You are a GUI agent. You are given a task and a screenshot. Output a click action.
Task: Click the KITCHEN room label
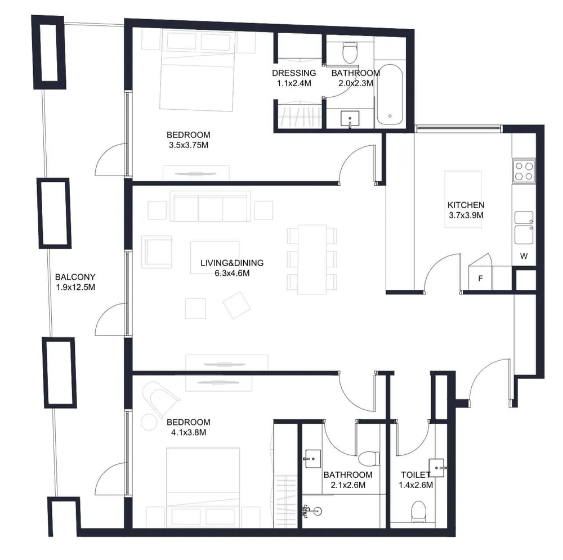[x=466, y=205]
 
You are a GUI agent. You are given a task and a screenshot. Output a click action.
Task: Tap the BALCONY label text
[x=75, y=277]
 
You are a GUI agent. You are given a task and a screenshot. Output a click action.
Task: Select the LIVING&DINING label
[x=232, y=263]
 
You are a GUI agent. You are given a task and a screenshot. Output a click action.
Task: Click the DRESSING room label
[x=294, y=73]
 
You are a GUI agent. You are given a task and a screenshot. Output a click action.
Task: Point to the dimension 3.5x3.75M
[x=189, y=145]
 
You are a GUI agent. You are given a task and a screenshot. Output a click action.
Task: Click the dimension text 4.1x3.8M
[x=188, y=433]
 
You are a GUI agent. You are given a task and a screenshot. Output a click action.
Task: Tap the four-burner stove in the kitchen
[x=524, y=171]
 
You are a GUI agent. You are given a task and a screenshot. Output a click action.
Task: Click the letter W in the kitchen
[x=524, y=257]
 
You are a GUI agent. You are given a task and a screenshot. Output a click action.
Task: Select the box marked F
[x=480, y=278]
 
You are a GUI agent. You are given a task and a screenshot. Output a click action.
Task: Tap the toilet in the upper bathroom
[x=350, y=53]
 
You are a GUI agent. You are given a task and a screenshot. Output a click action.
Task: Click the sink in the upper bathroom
[x=351, y=119]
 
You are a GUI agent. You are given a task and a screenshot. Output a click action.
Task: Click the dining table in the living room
[x=312, y=259]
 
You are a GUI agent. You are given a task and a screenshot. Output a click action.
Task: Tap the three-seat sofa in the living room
[x=211, y=208]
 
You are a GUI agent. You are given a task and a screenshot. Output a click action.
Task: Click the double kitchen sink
[x=524, y=226]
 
